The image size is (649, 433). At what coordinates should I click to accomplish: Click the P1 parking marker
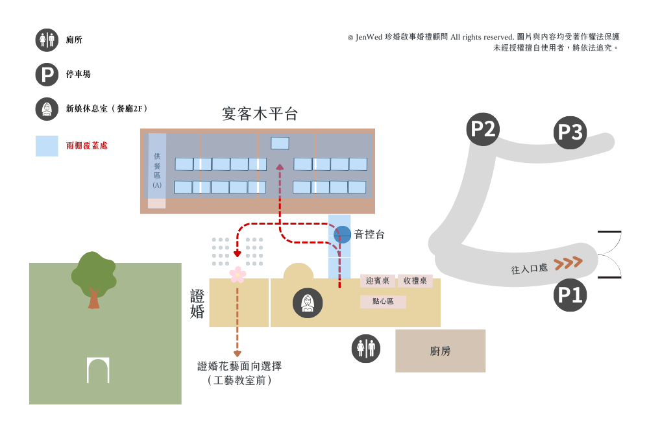click(x=570, y=295)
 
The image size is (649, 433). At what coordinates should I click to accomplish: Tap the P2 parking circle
click(x=483, y=129)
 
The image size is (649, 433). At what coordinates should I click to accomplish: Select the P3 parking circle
click(x=570, y=132)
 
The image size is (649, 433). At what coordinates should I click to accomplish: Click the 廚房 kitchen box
click(x=441, y=351)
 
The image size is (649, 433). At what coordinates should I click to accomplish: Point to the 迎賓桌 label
click(x=378, y=281)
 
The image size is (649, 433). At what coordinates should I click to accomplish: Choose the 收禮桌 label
click(x=415, y=281)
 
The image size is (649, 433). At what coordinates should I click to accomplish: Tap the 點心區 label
click(x=383, y=301)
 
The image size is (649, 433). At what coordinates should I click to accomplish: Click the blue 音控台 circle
click(x=342, y=234)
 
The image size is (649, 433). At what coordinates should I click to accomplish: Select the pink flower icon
click(x=238, y=275)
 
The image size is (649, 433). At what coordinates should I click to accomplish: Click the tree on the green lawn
click(x=93, y=279)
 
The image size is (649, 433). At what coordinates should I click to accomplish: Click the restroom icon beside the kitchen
click(x=366, y=349)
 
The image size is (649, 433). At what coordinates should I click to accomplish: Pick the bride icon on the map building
click(x=308, y=303)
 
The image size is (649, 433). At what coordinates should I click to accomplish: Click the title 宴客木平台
click(x=260, y=114)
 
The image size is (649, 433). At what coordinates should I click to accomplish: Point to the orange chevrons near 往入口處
click(x=569, y=263)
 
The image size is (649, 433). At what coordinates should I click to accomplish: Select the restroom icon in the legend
click(x=47, y=40)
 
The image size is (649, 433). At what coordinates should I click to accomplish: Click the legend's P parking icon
click(x=47, y=75)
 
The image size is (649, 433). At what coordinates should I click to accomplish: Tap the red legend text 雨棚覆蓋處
click(x=87, y=145)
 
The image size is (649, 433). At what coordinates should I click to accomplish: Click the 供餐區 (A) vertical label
click(x=157, y=171)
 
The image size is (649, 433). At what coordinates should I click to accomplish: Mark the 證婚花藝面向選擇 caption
click(x=239, y=366)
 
